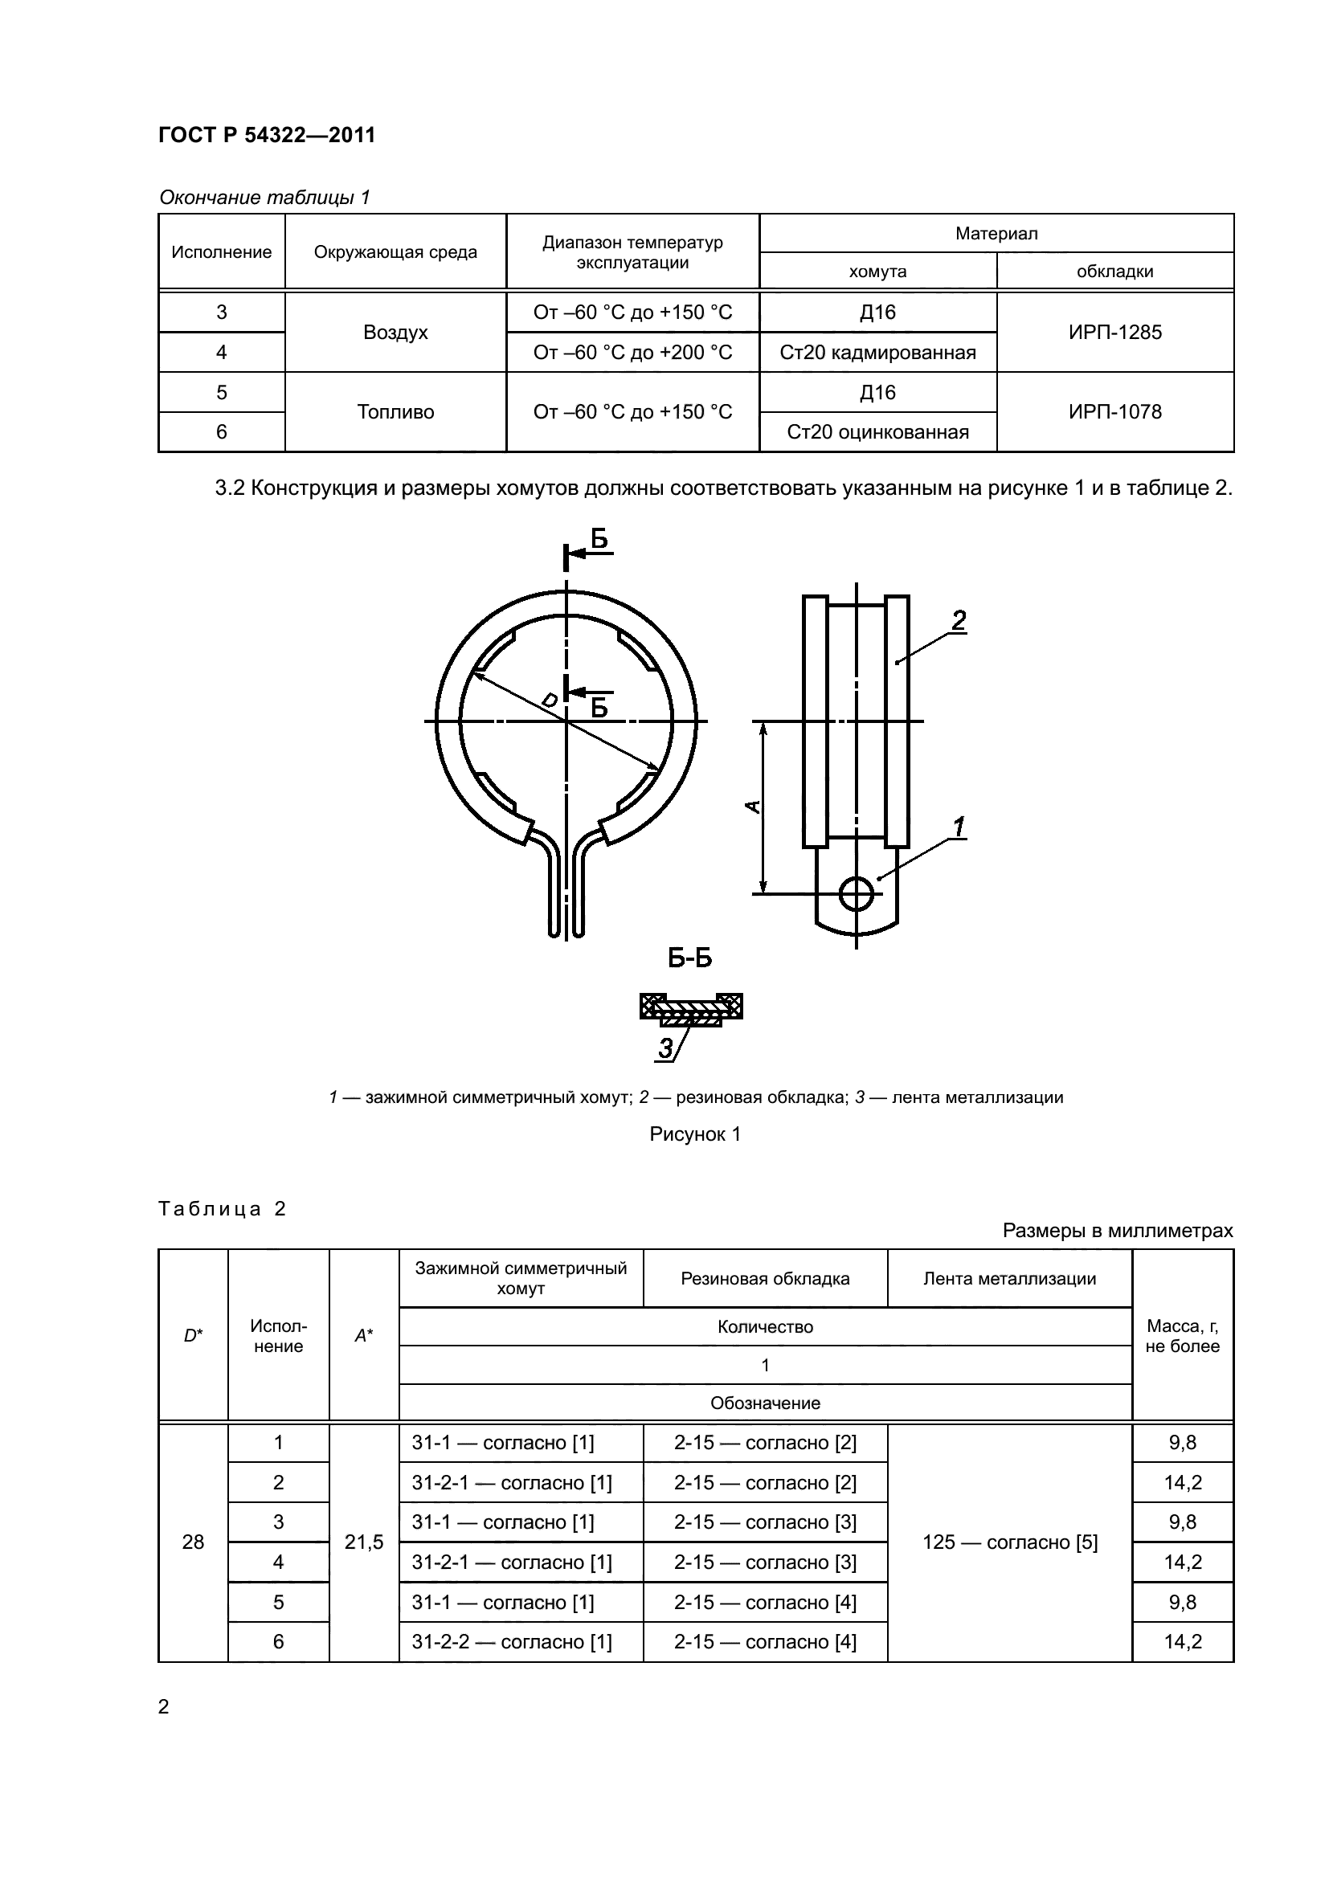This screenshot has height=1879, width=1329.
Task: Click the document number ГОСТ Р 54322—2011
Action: [267, 135]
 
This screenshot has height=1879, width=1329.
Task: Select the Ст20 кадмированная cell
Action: [877, 353]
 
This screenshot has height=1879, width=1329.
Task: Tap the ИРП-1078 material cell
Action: [1114, 411]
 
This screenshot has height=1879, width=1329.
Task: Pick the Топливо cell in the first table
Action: [395, 411]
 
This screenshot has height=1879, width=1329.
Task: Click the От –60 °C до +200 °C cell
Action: [632, 353]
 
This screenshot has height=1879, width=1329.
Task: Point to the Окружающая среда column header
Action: [395, 252]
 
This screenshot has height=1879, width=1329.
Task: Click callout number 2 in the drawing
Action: [959, 621]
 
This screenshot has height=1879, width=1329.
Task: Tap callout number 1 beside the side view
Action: [959, 827]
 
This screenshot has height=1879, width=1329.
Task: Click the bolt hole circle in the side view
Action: [856, 893]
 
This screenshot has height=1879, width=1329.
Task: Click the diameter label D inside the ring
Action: [549, 700]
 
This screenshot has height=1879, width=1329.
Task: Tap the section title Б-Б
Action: [690, 958]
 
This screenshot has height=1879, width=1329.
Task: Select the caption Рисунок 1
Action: [695, 1134]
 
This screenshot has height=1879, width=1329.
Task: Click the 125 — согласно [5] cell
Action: [1010, 1542]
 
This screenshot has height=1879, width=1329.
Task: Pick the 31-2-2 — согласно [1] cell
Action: [512, 1643]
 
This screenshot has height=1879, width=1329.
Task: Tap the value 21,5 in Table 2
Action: [364, 1542]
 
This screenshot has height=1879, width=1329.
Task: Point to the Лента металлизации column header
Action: [1010, 1279]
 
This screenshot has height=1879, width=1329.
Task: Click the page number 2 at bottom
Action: [164, 1707]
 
